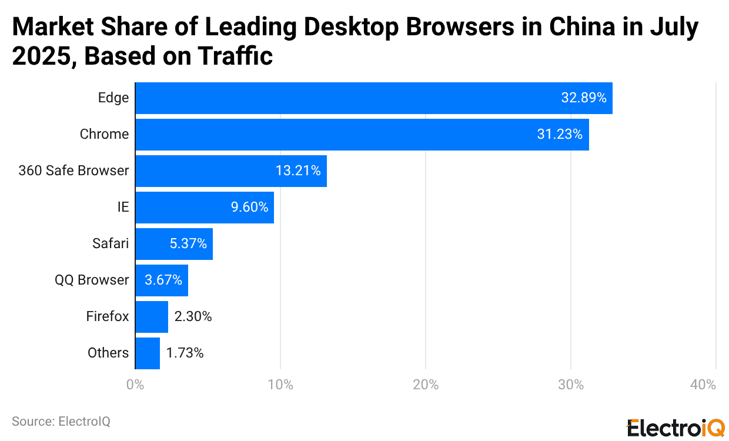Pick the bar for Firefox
point(152,317)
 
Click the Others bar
point(148,353)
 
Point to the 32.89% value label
point(583,98)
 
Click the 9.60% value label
point(249,208)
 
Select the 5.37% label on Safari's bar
point(188,244)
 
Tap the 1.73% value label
point(185,353)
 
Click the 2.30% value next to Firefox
point(193,317)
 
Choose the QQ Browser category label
point(92,280)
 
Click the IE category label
point(122,208)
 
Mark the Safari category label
point(111,244)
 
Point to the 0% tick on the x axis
point(135,385)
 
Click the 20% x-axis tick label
point(426,385)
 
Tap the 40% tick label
point(703,385)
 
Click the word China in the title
point(569,28)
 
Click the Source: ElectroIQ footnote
point(61,422)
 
